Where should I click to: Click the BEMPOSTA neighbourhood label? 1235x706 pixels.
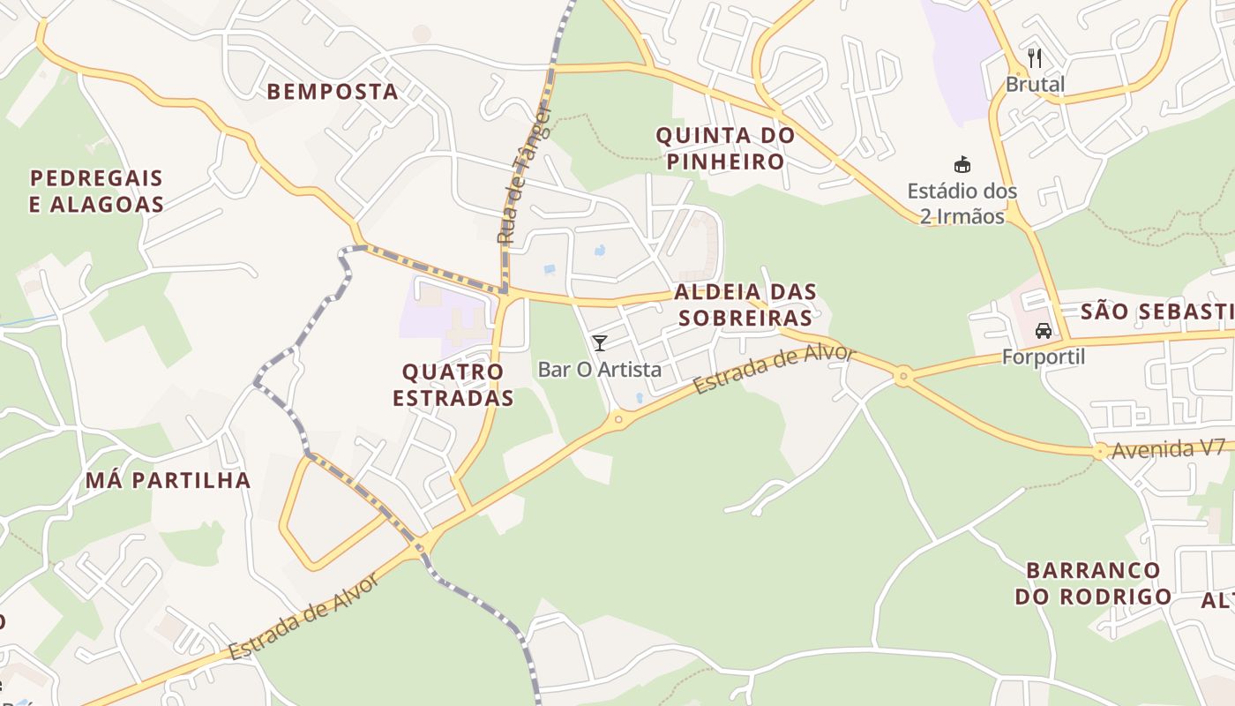pos(333,91)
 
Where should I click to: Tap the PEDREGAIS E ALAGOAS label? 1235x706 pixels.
pos(97,192)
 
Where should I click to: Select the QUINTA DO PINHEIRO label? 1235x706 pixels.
pos(725,148)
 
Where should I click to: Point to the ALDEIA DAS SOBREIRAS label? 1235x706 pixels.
pos(744,304)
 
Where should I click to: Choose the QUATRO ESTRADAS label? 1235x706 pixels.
pos(453,385)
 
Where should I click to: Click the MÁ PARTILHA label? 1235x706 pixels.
pos(168,480)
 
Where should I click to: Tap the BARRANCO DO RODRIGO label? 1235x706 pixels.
pos(1093,583)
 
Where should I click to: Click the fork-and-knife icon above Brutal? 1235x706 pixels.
pos(1036,59)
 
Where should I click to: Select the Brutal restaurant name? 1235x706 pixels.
pos(1036,85)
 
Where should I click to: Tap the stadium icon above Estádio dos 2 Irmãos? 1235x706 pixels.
pos(962,165)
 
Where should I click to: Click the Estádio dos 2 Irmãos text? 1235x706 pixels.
pos(962,203)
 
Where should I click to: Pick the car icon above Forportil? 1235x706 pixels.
pos(1044,331)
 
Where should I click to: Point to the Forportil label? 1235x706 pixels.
pos(1044,357)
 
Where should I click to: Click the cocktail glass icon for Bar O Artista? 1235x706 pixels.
pos(600,343)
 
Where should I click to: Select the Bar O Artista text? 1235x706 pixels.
pos(600,369)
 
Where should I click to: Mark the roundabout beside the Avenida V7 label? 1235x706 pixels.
pos(1099,452)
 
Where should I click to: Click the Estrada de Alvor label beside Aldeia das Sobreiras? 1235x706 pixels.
pos(774,370)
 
